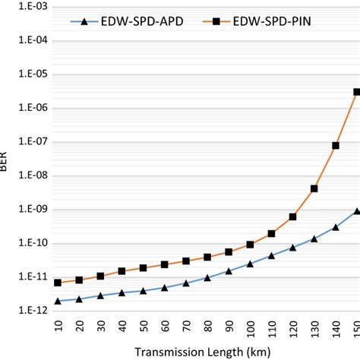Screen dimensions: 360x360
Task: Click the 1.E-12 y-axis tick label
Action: coord(28,311)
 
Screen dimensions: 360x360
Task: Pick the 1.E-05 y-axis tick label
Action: coord(28,74)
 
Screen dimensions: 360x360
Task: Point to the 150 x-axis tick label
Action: coord(356,330)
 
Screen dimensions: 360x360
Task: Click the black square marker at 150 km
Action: coord(356,92)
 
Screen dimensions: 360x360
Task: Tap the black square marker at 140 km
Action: coord(335,145)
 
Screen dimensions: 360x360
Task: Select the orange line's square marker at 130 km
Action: coord(314,188)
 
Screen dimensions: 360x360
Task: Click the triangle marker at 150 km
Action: coord(356,210)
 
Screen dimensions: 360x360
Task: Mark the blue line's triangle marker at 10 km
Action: coord(58,301)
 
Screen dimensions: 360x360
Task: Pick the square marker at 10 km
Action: coord(58,283)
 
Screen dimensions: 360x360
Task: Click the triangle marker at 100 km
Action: coord(250,264)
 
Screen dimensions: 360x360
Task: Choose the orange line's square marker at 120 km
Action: coord(292,216)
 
